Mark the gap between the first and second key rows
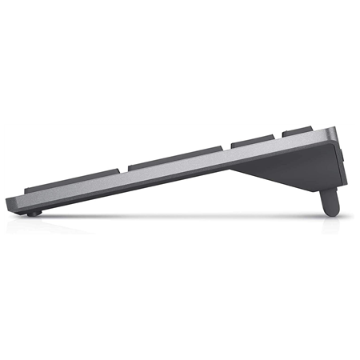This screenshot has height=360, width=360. (122, 170)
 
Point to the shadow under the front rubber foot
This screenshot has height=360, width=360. (32, 218)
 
